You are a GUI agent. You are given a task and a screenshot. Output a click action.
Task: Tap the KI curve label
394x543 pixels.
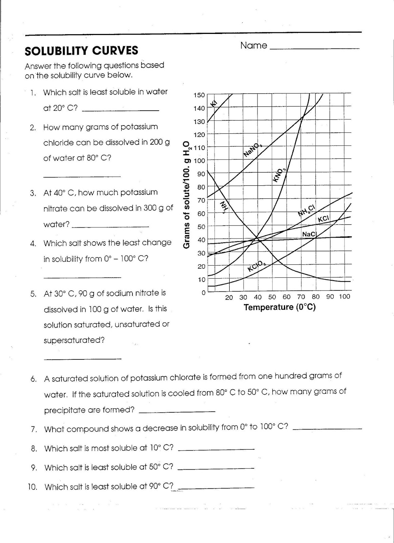click(214, 104)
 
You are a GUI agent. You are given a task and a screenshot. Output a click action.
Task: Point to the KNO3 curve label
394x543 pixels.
click(280, 175)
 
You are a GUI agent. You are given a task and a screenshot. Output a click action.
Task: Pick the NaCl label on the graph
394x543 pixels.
click(309, 234)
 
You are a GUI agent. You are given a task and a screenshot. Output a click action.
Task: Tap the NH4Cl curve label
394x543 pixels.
click(307, 210)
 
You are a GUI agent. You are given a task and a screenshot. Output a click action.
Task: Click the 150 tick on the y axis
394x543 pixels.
click(199, 95)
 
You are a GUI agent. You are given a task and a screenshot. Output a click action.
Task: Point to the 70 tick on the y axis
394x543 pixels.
click(201, 200)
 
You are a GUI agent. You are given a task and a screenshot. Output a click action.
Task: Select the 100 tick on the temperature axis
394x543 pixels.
click(344, 297)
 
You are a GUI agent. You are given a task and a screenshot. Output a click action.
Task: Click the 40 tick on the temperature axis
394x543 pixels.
click(257, 297)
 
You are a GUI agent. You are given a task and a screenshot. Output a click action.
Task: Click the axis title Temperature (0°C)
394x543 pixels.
click(279, 307)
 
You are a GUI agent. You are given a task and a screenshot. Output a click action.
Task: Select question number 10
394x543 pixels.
click(33, 487)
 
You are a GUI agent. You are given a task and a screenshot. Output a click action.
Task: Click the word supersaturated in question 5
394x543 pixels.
click(74, 340)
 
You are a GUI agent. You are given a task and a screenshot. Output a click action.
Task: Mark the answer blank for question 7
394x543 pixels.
click(327, 429)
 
